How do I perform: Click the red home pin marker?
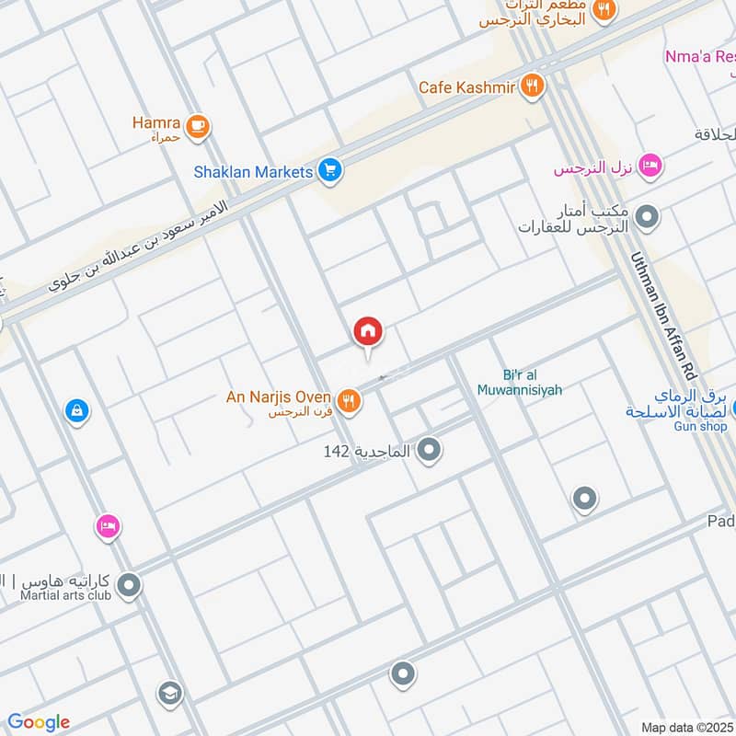(x=368, y=332)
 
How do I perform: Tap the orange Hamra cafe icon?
(x=197, y=127)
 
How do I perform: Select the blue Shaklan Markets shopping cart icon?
(x=330, y=170)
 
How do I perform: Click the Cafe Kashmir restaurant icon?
(x=532, y=87)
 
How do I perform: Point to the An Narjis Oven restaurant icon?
(x=348, y=400)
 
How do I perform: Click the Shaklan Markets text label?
(x=253, y=171)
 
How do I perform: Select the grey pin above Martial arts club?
(x=129, y=584)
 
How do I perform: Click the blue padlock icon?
(x=77, y=410)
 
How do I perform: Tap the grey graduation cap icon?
(x=169, y=692)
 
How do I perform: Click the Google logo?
(x=39, y=722)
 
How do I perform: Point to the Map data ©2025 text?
(x=686, y=727)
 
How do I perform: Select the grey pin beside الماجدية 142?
(x=429, y=451)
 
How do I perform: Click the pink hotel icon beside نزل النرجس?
(x=650, y=167)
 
